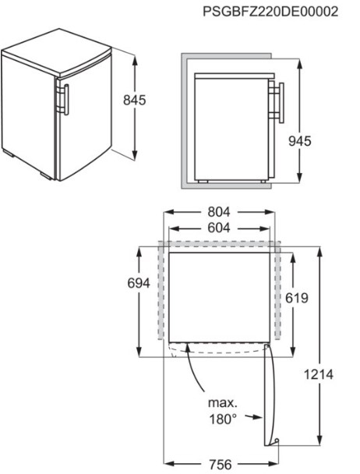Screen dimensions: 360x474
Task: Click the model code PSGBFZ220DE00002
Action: pos(270,12)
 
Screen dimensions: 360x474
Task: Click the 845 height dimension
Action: pos(135,100)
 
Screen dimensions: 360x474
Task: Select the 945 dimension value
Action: pos(299,141)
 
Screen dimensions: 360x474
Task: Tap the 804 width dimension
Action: pos(219,212)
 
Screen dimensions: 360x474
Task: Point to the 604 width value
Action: pos(219,228)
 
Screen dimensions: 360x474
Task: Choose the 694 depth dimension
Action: pos(139,283)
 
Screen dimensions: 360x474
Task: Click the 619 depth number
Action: pos(297,298)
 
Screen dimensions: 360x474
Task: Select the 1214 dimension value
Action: pos(319,374)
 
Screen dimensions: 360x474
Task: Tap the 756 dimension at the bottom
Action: pos(220,465)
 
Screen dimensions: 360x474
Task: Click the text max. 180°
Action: pos(223,411)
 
